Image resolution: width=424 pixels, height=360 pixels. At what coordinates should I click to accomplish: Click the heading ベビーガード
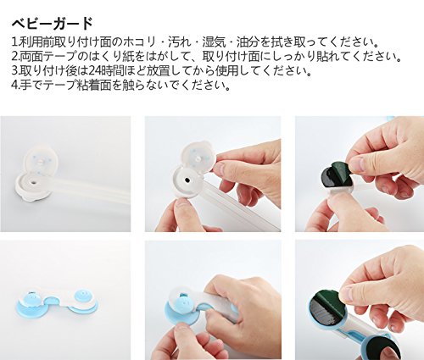[x=52, y=24]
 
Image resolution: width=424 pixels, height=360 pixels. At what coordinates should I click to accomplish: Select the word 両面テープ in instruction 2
[x=48, y=57]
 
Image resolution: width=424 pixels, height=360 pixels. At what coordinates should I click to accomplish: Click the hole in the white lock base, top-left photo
[x=34, y=183]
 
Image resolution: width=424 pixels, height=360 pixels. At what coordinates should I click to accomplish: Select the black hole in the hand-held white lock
[x=187, y=180]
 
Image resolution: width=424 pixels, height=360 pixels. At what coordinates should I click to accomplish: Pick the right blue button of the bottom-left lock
[x=82, y=297]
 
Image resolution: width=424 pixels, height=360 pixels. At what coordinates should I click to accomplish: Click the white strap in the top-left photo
[x=91, y=193]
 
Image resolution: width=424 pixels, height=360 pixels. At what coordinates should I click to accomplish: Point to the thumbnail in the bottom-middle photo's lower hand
[x=184, y=331]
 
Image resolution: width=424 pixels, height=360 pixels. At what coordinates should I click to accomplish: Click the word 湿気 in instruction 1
[x=214, y=42]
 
